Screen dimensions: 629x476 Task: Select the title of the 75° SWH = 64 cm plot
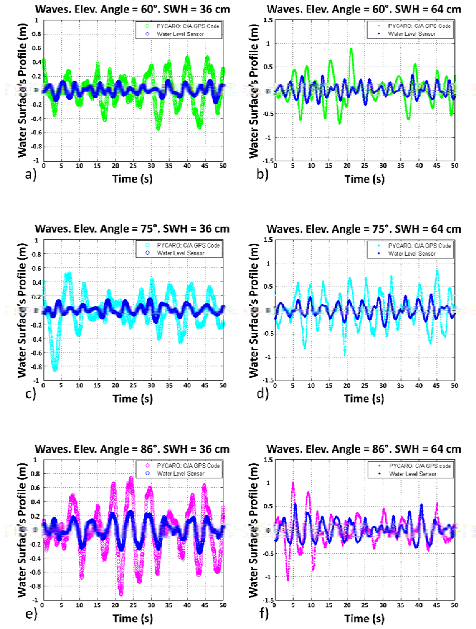point(363,229)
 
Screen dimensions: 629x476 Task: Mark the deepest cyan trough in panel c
point(55,370)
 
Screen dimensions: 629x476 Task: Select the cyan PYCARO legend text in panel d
point(419,246)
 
